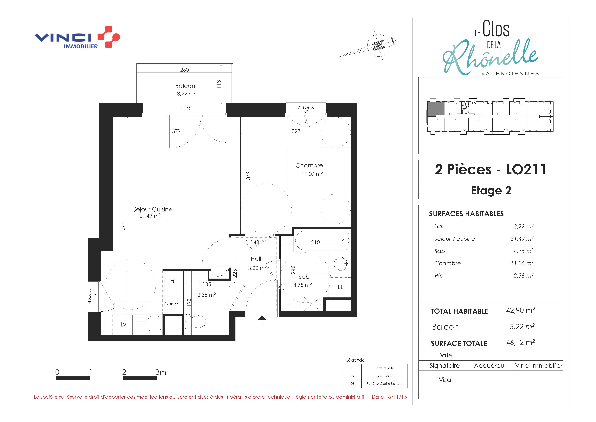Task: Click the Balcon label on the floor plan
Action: click(185, 86)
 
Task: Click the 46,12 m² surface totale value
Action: click(520, 343)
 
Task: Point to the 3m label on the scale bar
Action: click(161, 372)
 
